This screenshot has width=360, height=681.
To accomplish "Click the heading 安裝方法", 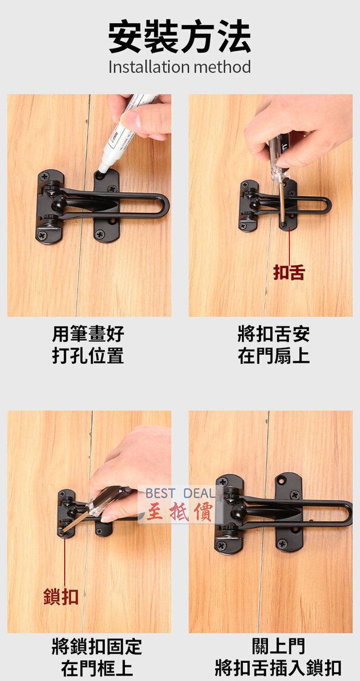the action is point(179,38).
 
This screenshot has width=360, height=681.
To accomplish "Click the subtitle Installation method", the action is point(179,67).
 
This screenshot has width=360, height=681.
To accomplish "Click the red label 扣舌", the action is point(289,272).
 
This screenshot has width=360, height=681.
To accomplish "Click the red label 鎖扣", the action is point(61,596).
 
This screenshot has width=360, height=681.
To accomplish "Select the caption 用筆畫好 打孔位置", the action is point(88,345).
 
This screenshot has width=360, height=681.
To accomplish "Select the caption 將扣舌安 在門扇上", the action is point(274,345).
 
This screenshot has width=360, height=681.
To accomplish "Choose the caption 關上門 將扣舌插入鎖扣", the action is point(278,657).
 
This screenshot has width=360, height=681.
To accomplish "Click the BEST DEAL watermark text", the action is point(181,493).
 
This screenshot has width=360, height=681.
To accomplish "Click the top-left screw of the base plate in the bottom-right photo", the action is point(222,481).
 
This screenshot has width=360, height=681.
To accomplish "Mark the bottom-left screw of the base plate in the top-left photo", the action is point(42,235).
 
